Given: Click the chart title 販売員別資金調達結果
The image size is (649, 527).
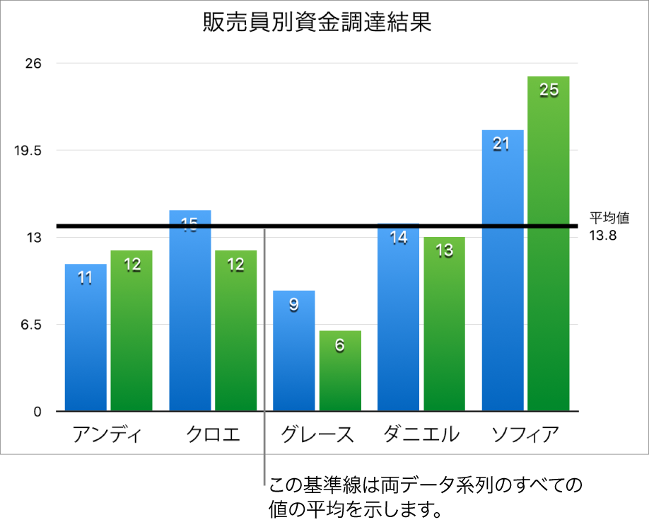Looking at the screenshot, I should coord(316,23).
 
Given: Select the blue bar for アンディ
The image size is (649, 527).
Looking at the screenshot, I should coord(86,340).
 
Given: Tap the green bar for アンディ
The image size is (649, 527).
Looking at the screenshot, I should coord(131,332).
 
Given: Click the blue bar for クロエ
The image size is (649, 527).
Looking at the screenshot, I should coord(189,318).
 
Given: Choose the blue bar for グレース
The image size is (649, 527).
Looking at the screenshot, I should coord(293,354).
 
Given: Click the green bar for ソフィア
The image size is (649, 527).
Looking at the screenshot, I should coord(549,248).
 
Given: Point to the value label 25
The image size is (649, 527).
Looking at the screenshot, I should coord(549,90).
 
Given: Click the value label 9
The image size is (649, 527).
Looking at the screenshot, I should coord(293,306).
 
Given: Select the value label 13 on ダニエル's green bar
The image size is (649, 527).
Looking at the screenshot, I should coord(445,251).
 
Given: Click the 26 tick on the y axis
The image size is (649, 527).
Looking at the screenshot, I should coord(34,64).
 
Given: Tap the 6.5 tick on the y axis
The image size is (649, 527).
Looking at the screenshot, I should coord(31,325).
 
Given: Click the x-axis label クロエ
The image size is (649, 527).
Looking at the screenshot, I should coord(213,434).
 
